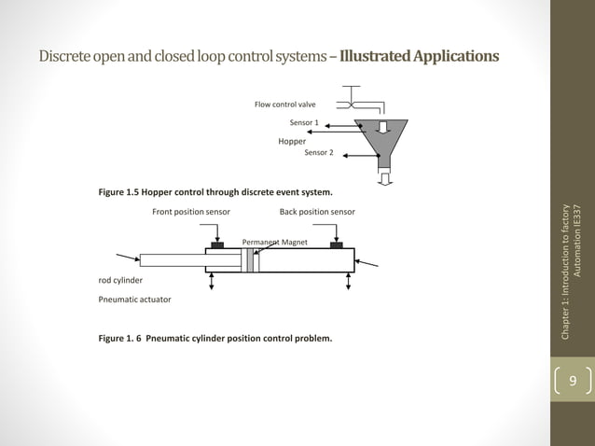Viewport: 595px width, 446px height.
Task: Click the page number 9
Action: [x=573, y=382]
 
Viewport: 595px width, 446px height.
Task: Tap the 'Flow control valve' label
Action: [x=285, y=105]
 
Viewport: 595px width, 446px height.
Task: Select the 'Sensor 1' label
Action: [x=304, y=122]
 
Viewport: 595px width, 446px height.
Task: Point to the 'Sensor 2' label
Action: [x=319, y=152]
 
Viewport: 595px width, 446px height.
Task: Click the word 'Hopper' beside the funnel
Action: [x=292, y=141]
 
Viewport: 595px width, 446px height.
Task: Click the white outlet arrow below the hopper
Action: [x=383, y=176]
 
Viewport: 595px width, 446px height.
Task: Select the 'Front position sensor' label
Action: [x=191, y=212]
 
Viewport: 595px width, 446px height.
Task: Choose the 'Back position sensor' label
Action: [x=316, y=212]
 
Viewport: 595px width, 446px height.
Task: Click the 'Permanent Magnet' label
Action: [x=274, y=242]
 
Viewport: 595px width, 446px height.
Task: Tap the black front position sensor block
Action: [x=217, y=245]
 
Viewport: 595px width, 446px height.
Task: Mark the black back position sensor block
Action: [x=337, y=245]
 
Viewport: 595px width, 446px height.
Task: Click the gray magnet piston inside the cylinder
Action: [x=250, y=260]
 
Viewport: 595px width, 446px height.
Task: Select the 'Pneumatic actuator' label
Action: [x=134, y=299]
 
